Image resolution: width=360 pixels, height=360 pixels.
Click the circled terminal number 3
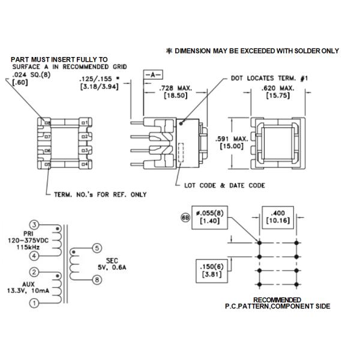click(x=35, y=224)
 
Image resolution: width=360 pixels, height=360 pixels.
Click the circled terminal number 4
click(x=35, y=256)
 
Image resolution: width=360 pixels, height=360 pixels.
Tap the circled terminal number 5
click(x=98, y=248)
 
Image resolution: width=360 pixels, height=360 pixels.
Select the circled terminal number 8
click(x=98, y=279)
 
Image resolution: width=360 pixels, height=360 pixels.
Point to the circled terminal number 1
click(x=35, y=304)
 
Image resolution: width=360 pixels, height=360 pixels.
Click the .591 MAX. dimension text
click(x=226, y=142)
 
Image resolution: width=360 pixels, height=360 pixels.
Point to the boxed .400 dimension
click(x=278, y=217)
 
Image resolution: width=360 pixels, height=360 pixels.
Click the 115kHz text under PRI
click(x=30, y=247)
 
